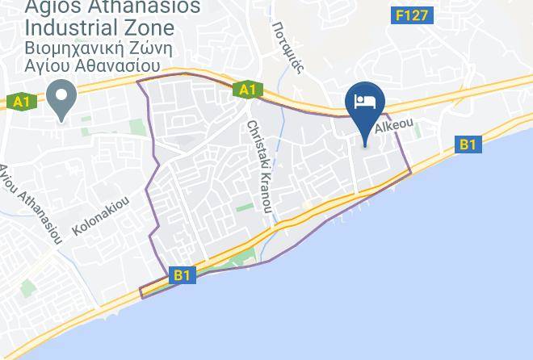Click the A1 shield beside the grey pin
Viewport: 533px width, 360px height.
tap(21, 102)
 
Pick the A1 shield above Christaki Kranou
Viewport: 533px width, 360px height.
tap(247, 90)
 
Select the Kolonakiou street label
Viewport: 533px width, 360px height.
tap(100, 217)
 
